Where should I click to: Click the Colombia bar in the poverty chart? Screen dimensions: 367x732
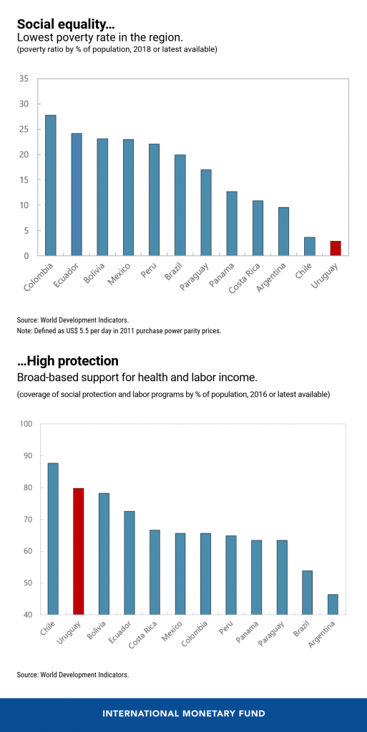(51, 185)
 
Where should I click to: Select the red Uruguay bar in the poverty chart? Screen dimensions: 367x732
(336, 248)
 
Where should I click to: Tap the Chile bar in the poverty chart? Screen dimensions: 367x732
(310, 247)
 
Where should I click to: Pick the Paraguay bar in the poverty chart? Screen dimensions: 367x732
(206, 212)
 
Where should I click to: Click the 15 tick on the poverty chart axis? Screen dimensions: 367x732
(24, 180)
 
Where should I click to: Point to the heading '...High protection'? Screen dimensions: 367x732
(67, 361)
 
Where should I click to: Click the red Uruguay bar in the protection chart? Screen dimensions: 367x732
(79, 551)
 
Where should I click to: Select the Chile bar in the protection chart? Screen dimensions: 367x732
(53, 539)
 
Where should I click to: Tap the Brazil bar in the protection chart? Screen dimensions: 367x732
(307, 593)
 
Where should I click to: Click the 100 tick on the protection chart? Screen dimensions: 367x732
(25, 424)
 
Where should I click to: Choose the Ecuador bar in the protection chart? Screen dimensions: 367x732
(129, 563)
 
